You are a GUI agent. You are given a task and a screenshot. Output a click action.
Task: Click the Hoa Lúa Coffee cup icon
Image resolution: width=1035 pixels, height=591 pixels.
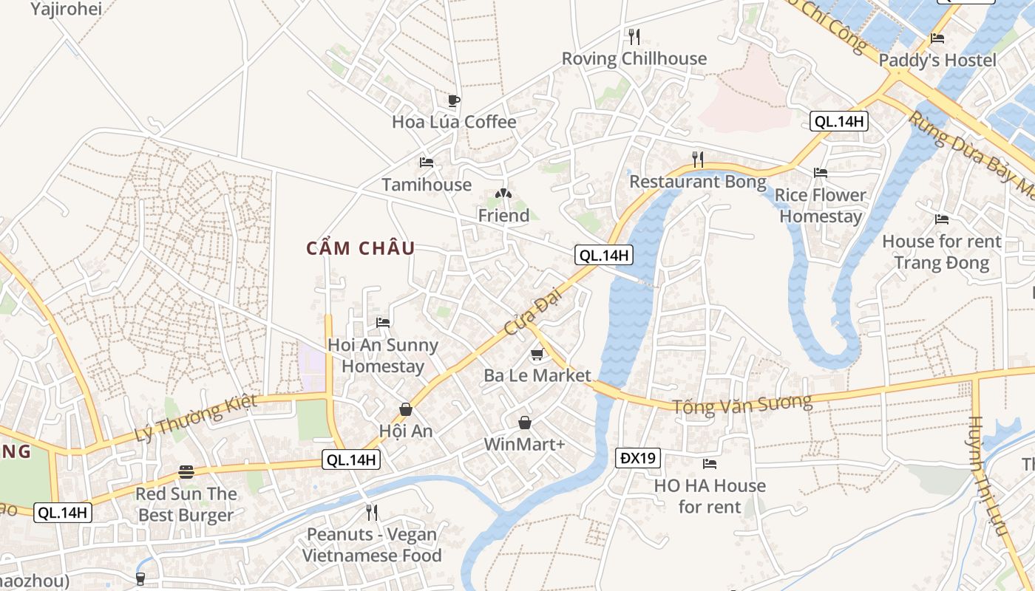pyautogui.click(x=453, y=100)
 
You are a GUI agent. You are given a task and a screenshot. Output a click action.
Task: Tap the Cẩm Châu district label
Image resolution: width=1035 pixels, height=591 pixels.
pyautogui.click(x=361, y=248)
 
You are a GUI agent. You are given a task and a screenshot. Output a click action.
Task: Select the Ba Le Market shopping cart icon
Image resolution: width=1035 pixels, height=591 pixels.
pyautogui.click(x=537, y=355)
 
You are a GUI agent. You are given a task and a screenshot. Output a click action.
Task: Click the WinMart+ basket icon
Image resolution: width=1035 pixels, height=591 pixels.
pyautogui.click(x=524, y=423)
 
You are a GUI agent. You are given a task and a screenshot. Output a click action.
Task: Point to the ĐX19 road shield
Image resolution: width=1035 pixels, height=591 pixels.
pyautogui.click(x=637, y=458)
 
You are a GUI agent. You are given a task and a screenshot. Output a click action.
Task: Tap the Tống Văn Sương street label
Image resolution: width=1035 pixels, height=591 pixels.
pyautogui.click(x=742, y=404)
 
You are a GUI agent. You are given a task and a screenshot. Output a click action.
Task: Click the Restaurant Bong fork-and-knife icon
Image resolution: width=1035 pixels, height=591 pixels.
pyautogui.click(x=697, y=159)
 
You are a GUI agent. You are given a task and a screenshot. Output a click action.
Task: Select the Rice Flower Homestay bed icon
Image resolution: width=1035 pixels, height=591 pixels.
pyautogui.click(x=821, y=173)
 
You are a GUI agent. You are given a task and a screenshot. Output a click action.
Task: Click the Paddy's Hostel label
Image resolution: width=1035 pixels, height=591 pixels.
pyautogui.click(x=937, y=61)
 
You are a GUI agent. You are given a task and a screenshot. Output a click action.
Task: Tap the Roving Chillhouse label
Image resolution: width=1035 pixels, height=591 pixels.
pyautogui.click(x=634, y=58)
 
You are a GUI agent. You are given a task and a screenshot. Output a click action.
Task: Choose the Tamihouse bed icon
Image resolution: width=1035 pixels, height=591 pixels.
pyautogui.click(x=427, y=163)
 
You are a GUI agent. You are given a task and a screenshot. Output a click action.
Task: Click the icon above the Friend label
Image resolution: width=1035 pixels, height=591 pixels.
pyautogui.click(x=503, y=194)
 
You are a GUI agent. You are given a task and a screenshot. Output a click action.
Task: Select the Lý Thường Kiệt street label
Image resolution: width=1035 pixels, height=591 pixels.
pyautogui.click(x=197, y=418)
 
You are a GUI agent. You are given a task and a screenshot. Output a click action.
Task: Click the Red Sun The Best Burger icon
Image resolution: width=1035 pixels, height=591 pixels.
pyautogui.click(x=186, y=472)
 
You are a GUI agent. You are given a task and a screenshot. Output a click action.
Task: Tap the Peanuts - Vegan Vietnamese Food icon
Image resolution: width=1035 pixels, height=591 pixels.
pyautogui.click(x=372, y=512)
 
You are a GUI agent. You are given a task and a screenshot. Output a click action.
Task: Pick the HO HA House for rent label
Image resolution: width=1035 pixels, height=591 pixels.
pyautogui.click(x=710, y=496)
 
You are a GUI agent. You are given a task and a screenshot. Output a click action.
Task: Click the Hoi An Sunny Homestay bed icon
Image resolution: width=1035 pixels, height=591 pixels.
pyautogui.click(x=383, y=323)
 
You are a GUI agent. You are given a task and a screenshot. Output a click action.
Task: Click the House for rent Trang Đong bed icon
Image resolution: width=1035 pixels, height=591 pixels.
pyautogui.click(x=942, y=219)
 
